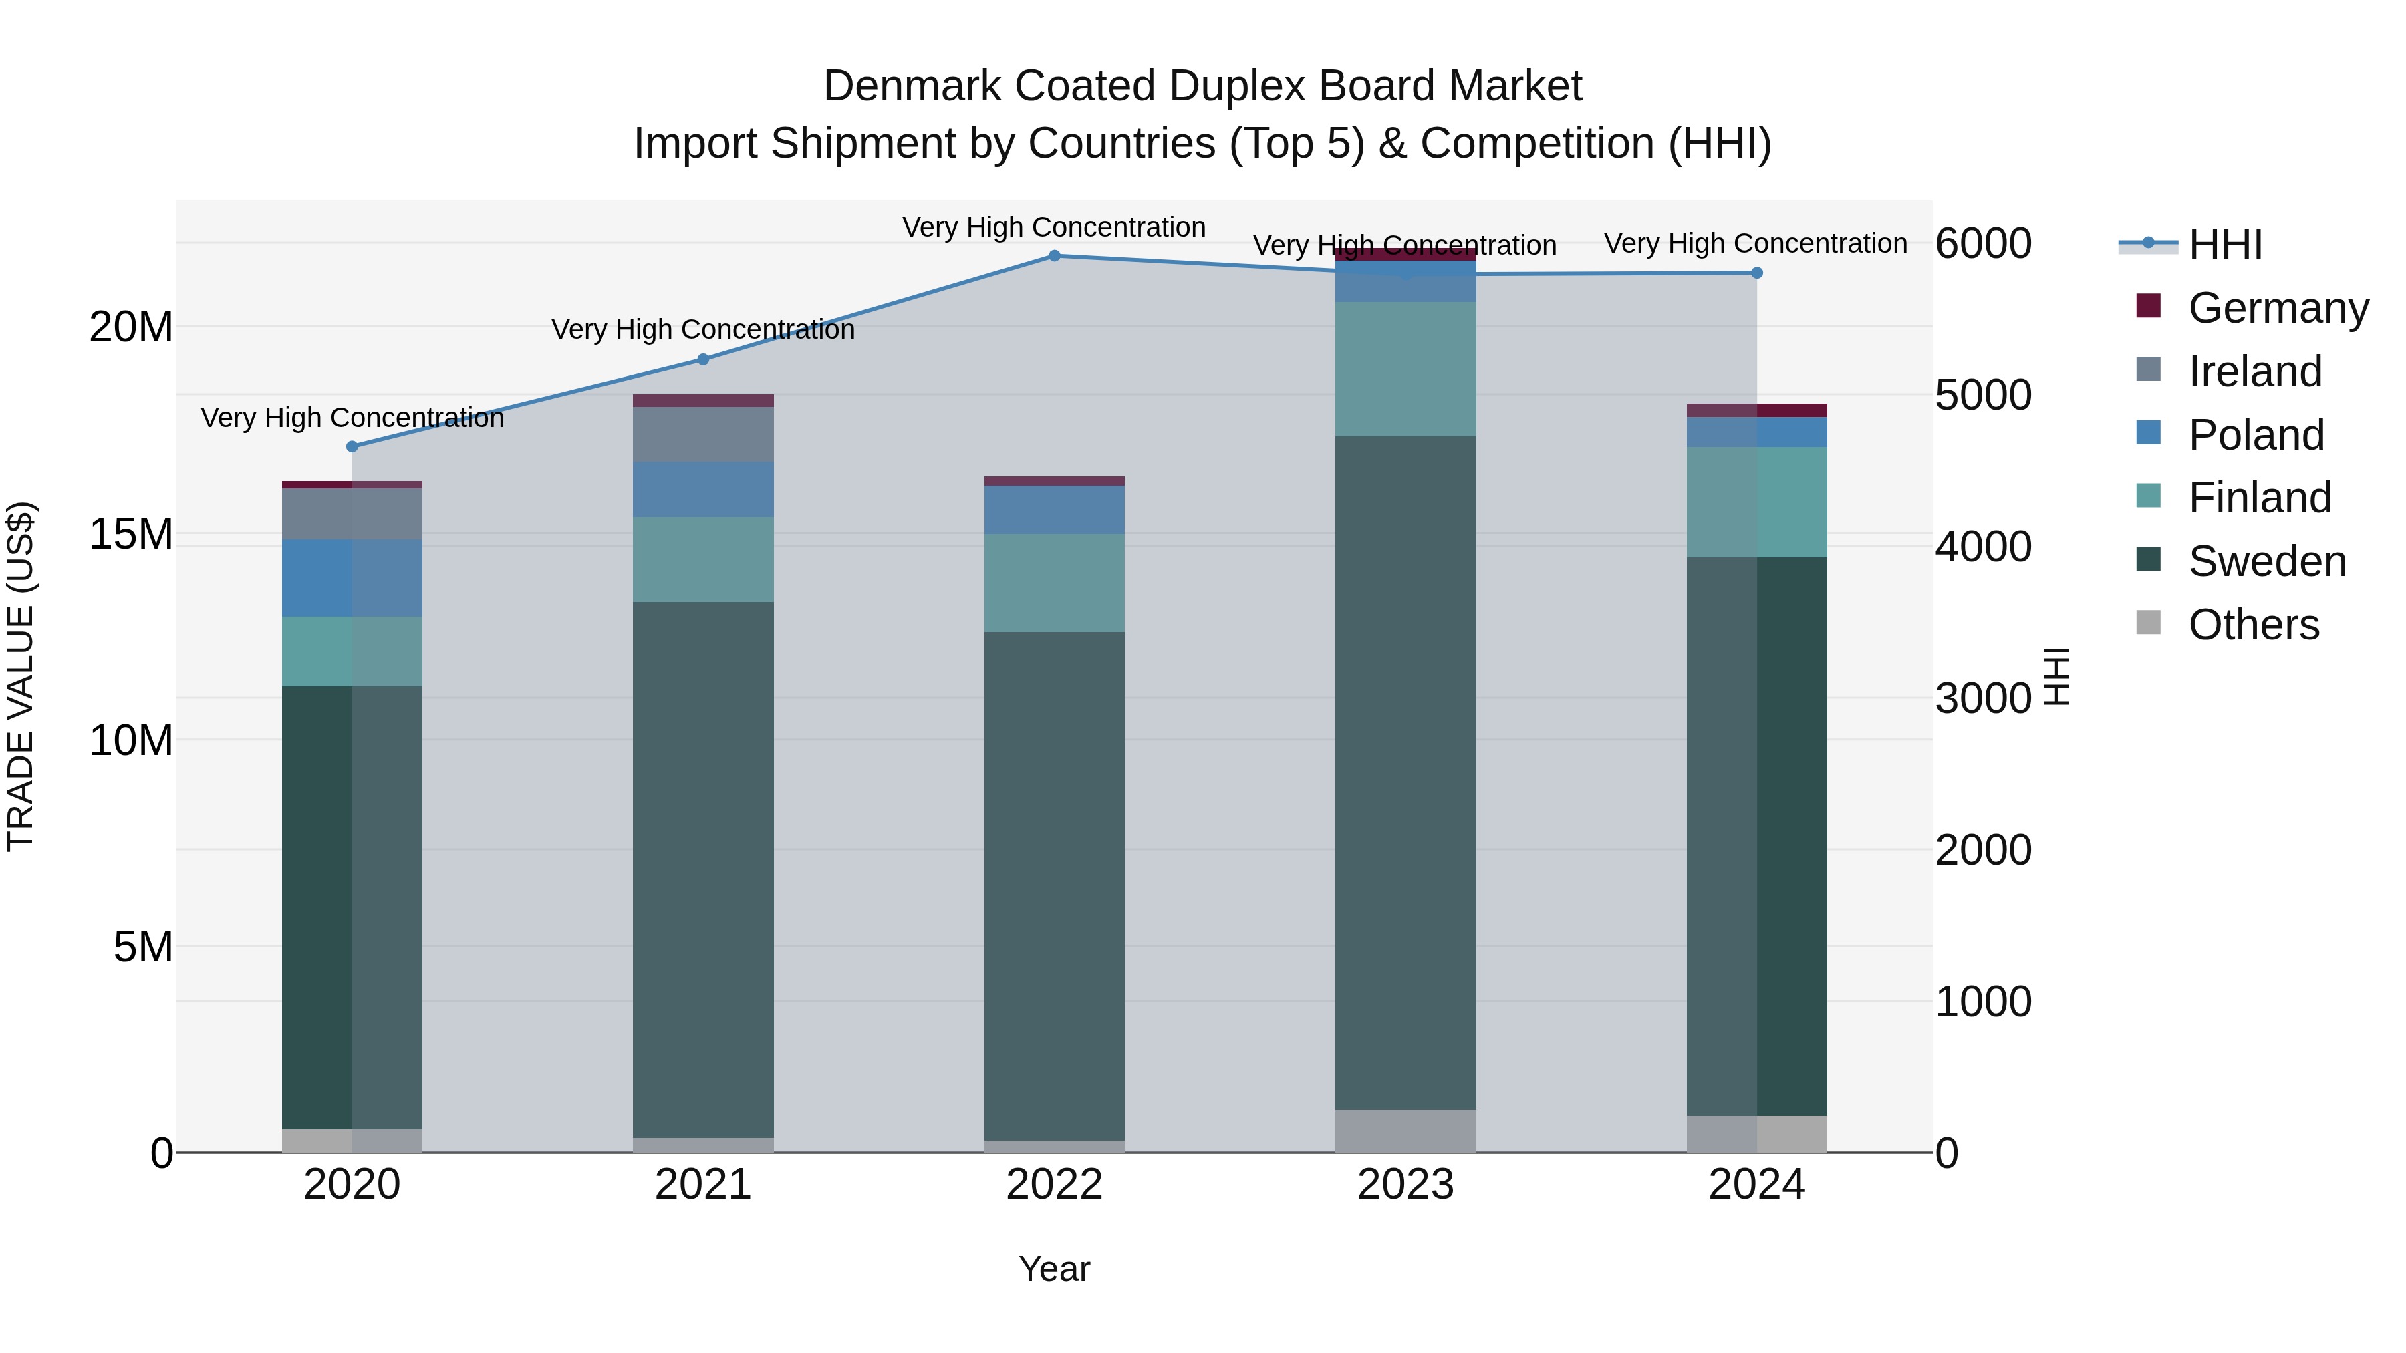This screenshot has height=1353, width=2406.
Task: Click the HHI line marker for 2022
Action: [1055, 256]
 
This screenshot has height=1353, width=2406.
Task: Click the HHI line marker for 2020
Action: [352, 446]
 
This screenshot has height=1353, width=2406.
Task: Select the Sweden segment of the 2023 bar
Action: [1406, 773]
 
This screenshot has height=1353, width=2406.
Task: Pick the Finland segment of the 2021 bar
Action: [703, 559]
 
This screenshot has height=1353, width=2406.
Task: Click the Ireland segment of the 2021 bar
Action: [703, 434]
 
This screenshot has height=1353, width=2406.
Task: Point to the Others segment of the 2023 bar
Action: [1406, 1131]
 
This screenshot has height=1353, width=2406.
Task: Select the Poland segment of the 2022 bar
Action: [1055, 510]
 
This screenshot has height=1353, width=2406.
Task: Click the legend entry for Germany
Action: [2278, 308]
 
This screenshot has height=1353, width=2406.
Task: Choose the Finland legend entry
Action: [2260, 498]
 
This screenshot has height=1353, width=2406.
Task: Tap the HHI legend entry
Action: [2225, 245]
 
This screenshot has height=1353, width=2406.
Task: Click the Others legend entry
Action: [2253, 625]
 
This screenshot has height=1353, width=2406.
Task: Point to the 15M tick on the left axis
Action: [131, 534]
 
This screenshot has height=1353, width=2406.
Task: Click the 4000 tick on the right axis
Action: [1982, 547]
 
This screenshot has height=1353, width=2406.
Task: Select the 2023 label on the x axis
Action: [1406, 1185]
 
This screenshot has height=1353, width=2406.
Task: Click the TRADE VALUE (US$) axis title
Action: [21, 676]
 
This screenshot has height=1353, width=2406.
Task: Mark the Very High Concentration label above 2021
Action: [703, 329]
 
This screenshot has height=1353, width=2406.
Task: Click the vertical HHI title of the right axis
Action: [2058, 676]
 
